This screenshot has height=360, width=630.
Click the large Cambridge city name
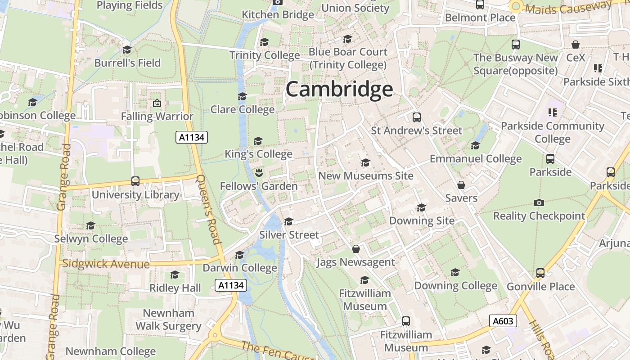click(339, 89)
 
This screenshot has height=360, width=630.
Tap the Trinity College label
click(265, 55)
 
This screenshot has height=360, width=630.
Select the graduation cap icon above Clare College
click(242, 97)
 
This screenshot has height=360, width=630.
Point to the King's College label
click(259, 154)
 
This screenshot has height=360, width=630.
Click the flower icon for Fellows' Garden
click(259, 172)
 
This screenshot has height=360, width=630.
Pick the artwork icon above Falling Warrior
click(157, 103)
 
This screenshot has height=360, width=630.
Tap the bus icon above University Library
click(135, 181)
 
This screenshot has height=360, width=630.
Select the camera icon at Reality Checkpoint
click(539, 202)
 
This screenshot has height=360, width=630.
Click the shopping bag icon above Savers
click(461, 185)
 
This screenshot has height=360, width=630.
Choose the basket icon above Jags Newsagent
click(356, 249)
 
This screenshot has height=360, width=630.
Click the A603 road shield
click(503, 321)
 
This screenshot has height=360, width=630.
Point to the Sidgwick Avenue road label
click(106, 264)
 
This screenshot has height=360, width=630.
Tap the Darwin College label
click(240, 268)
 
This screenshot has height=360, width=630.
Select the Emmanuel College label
click(476, 159)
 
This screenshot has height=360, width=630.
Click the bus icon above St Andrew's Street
click(417, 117)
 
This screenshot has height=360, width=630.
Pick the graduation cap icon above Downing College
click(455, 273)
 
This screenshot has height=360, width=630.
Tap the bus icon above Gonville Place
click(540, 273)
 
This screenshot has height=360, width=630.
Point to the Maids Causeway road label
click(568, 8)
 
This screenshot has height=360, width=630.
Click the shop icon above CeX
click(576, 45)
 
